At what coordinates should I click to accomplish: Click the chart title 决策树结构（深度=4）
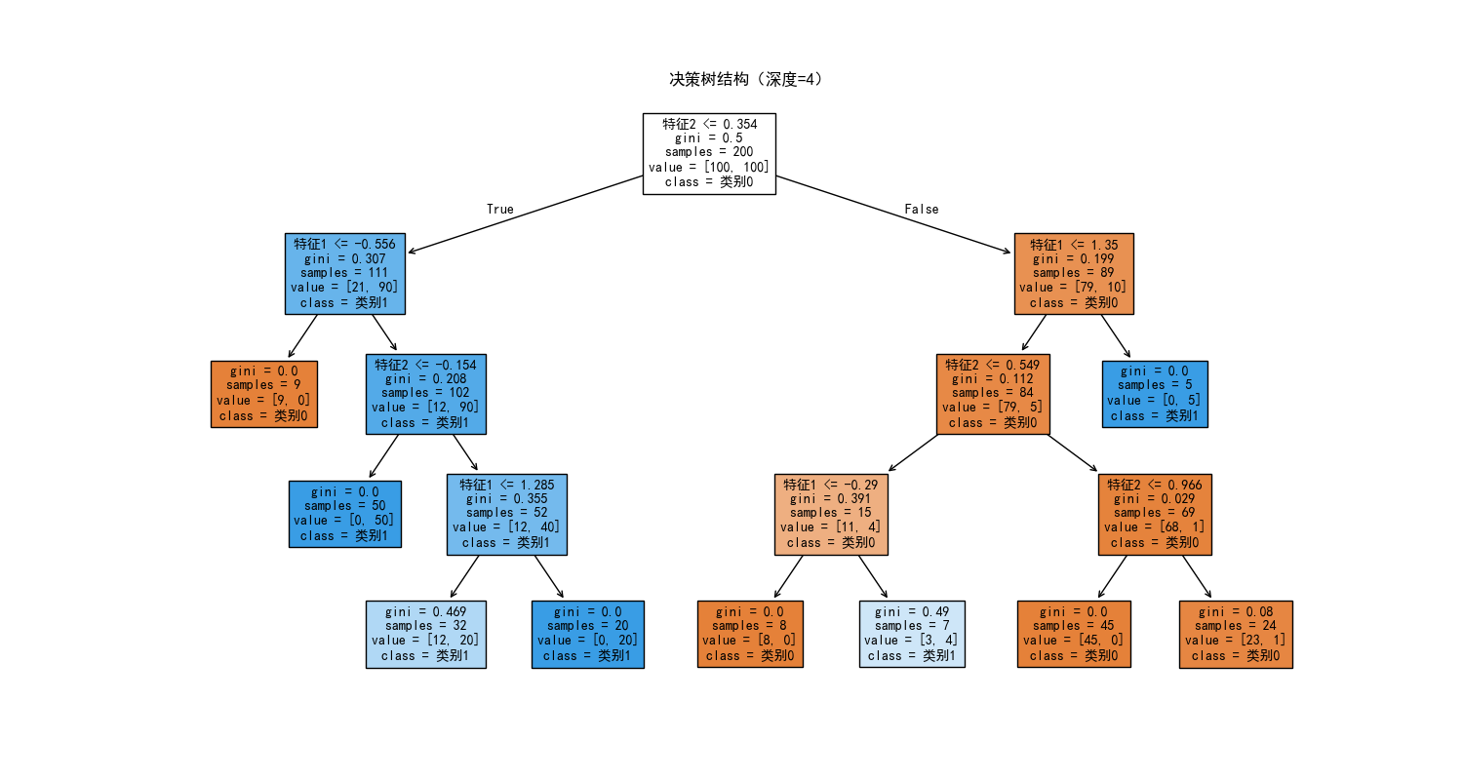tap(746, 79)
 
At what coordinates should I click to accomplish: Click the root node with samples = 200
tap(709, 153)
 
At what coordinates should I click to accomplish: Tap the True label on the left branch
tap(499, 209)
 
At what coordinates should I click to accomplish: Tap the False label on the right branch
tap(921, 209)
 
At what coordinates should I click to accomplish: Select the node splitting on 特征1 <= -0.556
tap(344, 273)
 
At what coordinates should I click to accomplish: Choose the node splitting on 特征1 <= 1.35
tap(1074, 273)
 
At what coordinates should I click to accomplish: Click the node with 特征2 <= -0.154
tap(425, 393)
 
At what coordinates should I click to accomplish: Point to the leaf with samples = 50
tap(344, 514)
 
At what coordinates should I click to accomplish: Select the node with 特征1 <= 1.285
tap(506, 514)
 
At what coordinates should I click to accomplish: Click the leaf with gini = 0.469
tap(425, 634)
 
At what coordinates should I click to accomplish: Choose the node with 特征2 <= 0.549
tap(993, 393)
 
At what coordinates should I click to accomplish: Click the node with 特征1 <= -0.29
tap(831, 514)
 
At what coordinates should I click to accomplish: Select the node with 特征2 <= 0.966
tap(1155, 514)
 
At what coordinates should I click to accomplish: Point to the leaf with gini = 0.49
tap(912, 634)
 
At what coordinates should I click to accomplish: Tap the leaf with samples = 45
tap(1074, 634)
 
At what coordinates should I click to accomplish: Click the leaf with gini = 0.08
tap(1236, 634)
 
